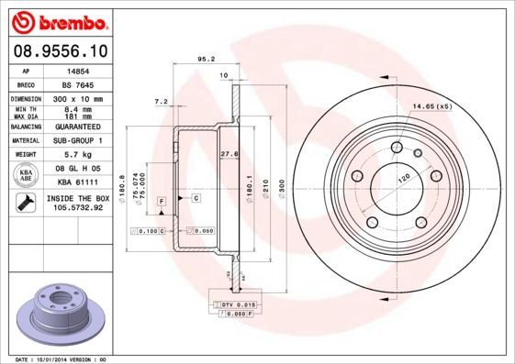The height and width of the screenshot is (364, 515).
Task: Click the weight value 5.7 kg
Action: (77, 155)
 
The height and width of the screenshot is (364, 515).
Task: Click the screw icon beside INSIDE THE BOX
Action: (26, 203)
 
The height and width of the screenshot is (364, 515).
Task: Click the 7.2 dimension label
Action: (162, 100)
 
